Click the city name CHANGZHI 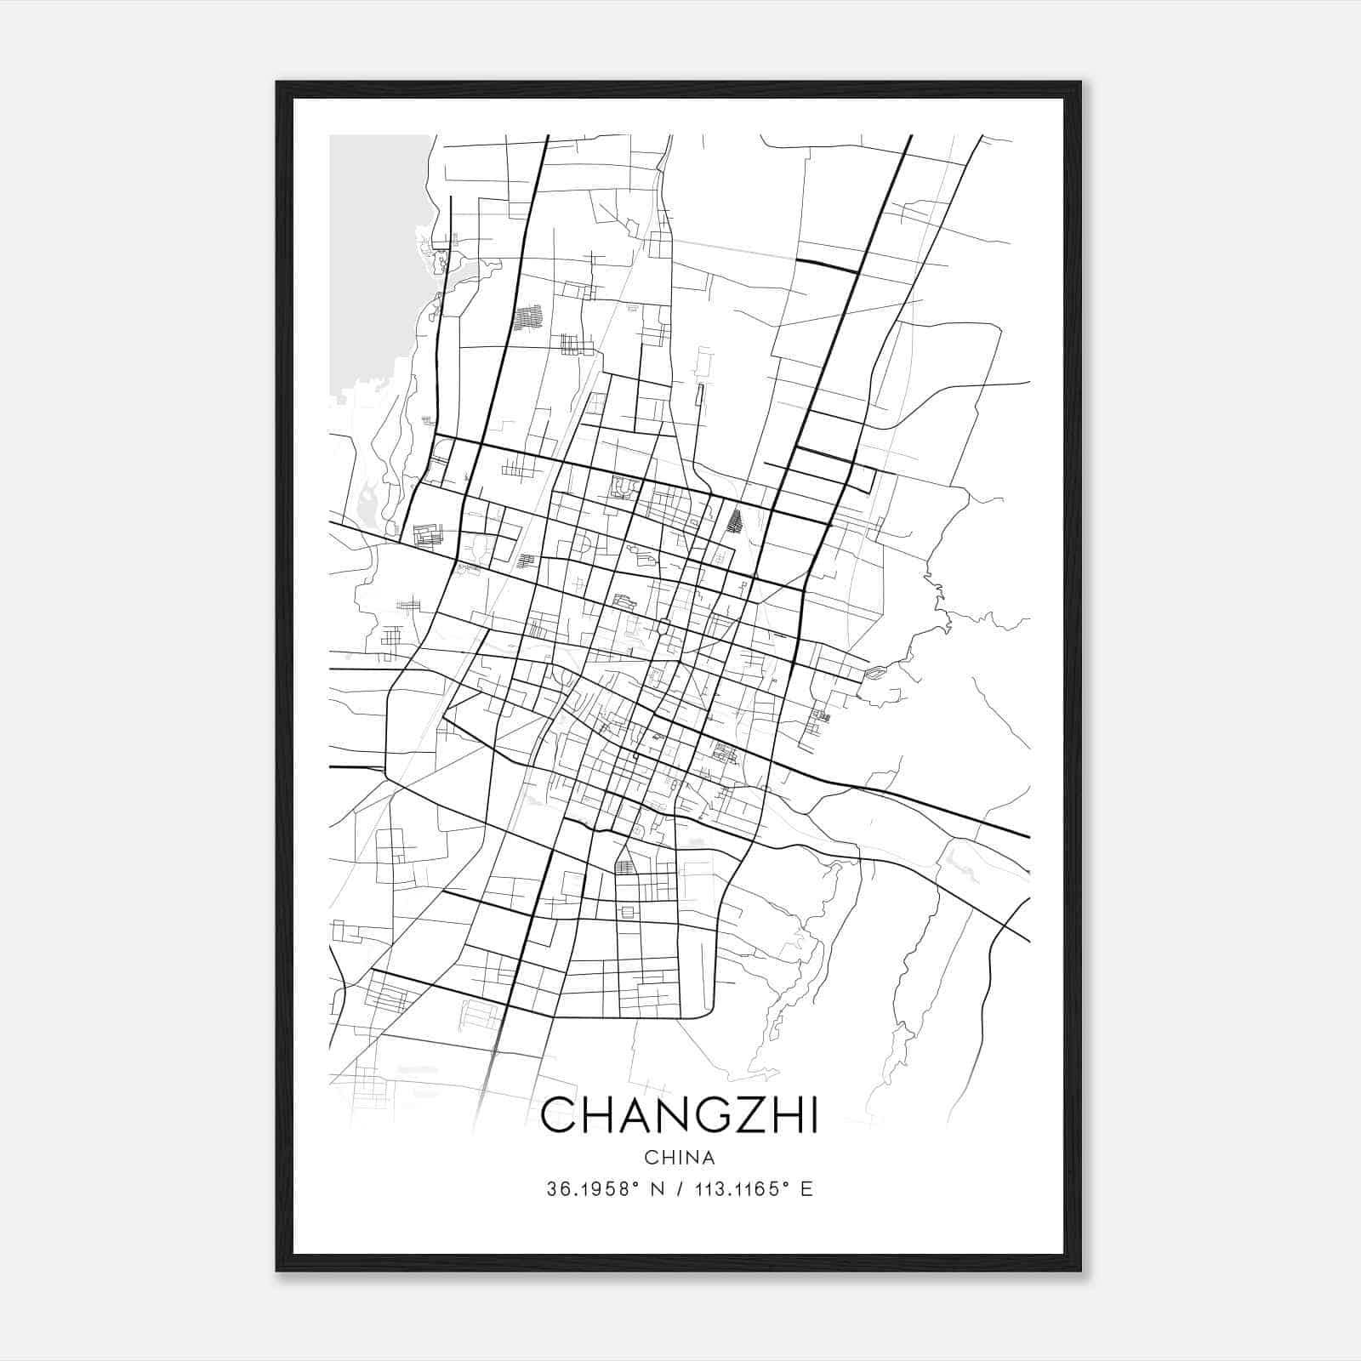(679, 1114)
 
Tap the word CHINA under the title (679, 1158)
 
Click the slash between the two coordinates (677, 1189)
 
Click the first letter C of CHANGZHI (558, 1114)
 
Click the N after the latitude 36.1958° (656, 1189)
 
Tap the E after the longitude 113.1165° (806, 1189)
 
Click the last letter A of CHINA (708, 1158)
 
